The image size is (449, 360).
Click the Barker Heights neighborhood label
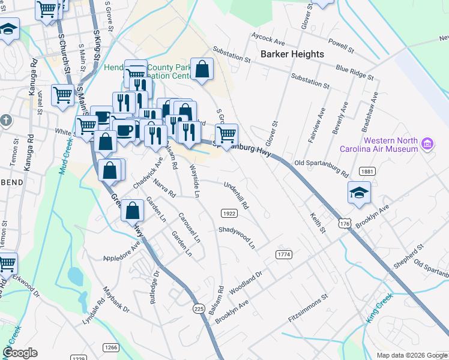292,54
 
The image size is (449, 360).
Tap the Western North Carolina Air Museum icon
427,144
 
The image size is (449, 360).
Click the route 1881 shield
367,172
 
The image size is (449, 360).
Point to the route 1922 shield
228,213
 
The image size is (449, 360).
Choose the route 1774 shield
284,255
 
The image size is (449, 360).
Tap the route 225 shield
199,308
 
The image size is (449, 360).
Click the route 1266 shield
110,347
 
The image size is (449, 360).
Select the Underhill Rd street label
237,195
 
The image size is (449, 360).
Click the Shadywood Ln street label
237,238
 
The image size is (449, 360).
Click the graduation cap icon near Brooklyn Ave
359,192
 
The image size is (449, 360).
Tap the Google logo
20,353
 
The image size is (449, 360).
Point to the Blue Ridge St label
354,73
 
